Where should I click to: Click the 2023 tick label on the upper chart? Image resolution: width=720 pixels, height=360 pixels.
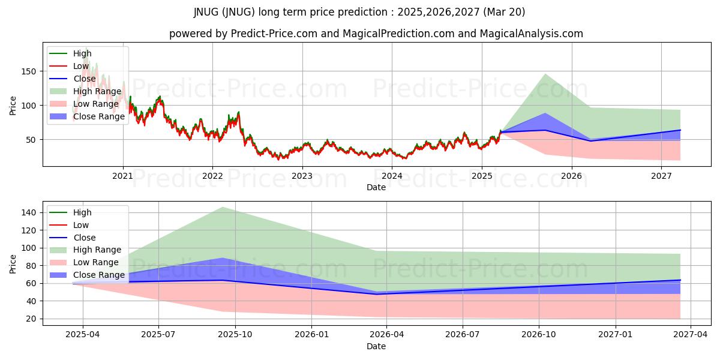pyautogui.click(x=302, y=176)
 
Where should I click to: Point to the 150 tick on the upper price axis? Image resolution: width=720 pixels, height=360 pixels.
pyautogui.click(x=31, y=71)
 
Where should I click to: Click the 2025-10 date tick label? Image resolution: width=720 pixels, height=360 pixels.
pyautogui.click(x=235, y=335)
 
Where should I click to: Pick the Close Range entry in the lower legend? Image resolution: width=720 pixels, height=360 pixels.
pyautogui.click(x=99, y=275)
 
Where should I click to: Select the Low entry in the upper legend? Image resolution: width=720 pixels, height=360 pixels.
pyautogui.click(x=82, y=66)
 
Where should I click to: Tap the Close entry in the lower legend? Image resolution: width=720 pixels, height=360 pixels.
pyautogui.click(x=85, y=238)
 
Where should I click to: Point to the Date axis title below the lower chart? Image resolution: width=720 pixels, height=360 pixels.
pyautogui.click(x=376, y=346)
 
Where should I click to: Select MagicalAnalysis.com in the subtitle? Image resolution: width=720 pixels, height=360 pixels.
pyautogui.click(x=532, y=34)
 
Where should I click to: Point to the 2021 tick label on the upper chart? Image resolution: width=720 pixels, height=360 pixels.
pyautogui.click(x=123, y=176)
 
